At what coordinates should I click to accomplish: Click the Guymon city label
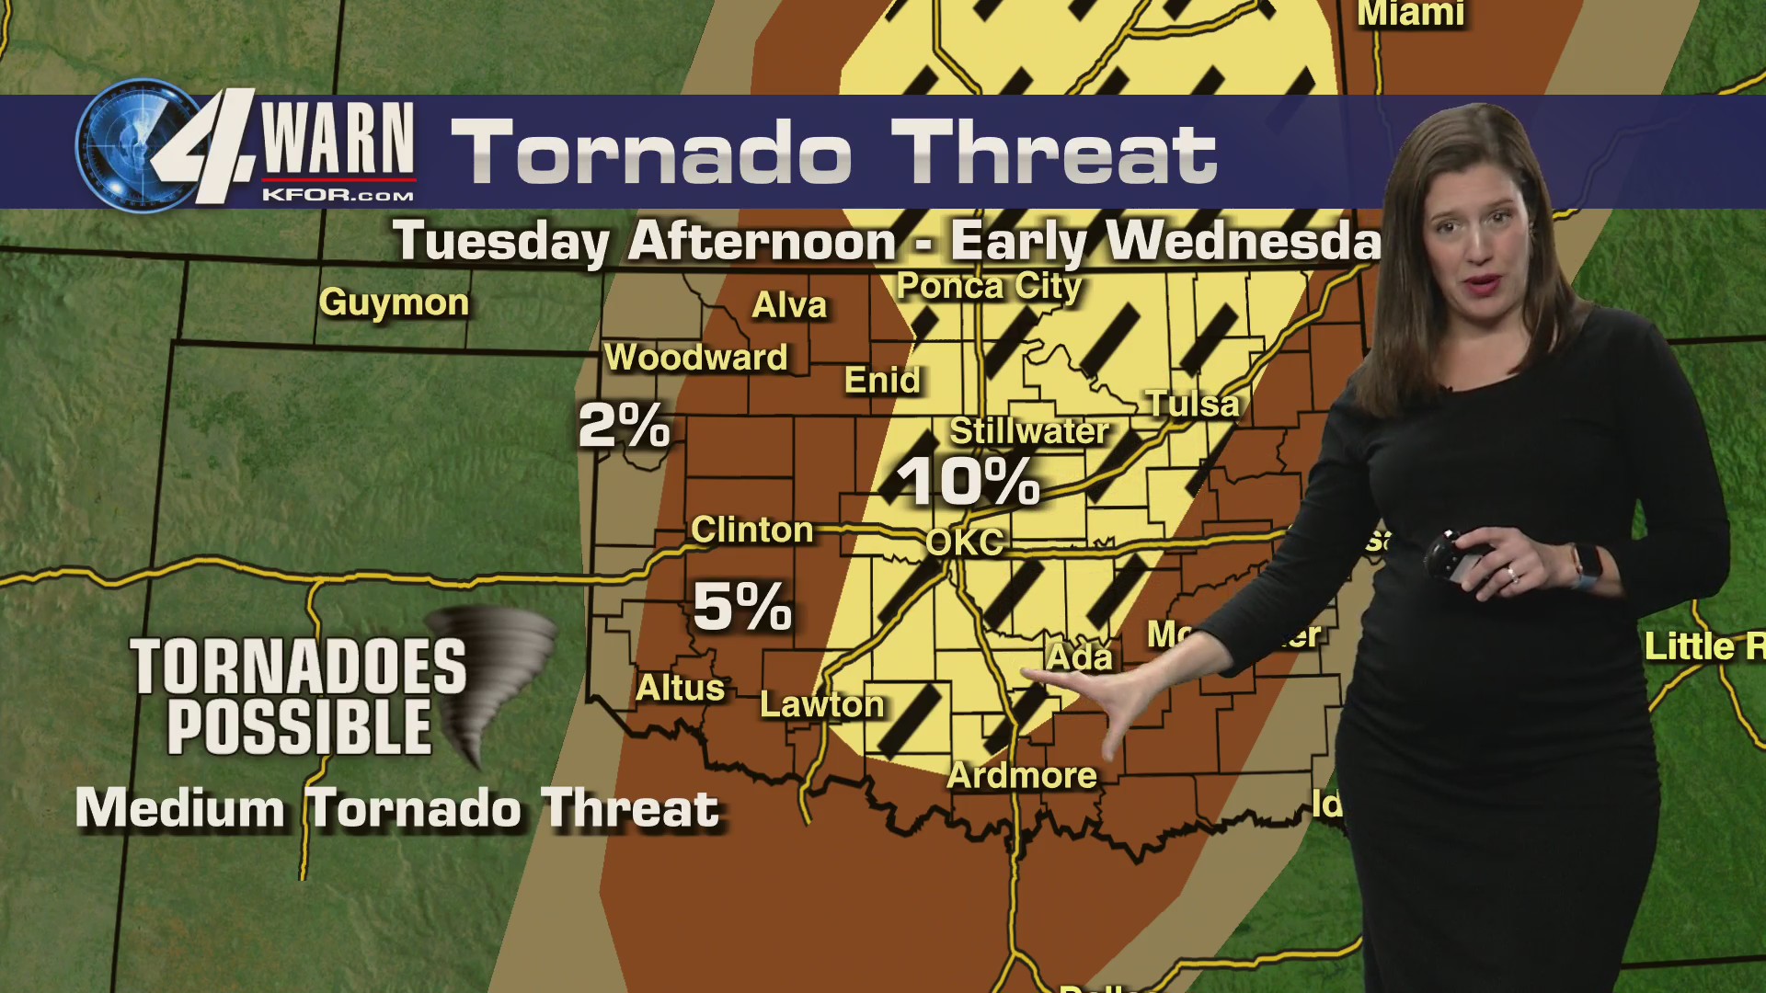pos(394,302)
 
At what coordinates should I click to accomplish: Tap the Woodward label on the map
pos(695,357)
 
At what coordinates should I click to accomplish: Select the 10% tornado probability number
pos(968,481)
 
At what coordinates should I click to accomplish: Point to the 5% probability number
pos(741,606)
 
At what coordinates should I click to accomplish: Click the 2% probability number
pos(624,426)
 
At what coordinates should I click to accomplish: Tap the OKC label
pos(964,542)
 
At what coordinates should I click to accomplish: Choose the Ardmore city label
pos(1021,775)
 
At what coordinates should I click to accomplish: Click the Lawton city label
pos(821,704)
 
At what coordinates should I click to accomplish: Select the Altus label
pos(681,688)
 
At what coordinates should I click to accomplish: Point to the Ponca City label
pos(989,286)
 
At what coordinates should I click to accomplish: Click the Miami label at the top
pos(1410,13)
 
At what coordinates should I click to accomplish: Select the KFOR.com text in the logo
pos(338,194)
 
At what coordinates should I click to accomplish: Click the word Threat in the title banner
pos(1054,153)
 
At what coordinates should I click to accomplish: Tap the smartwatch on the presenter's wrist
pos(1586,564)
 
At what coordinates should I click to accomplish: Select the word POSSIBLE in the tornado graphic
pos(299,726)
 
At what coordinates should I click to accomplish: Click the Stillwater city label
pos(1028,430)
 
